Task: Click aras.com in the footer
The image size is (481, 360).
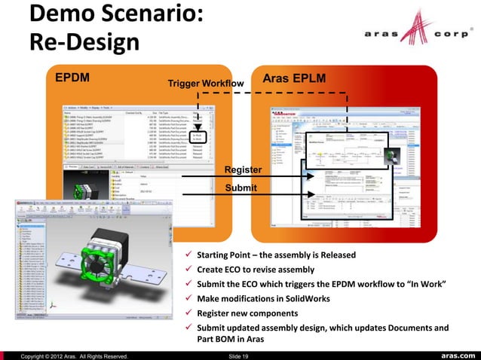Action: point(452,355)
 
